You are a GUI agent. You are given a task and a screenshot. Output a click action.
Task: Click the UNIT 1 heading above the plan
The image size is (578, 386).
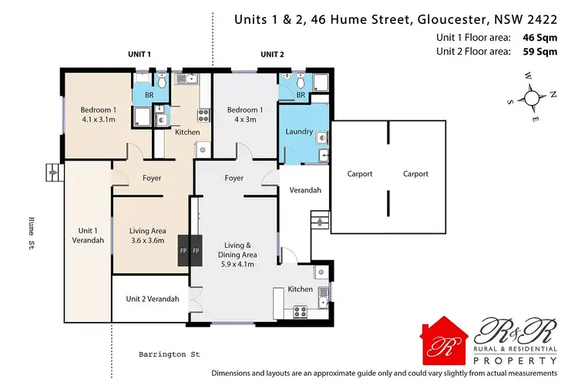click(x=139, y=55)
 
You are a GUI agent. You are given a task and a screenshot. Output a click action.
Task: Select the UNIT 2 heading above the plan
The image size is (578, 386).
click(x=272, y=55)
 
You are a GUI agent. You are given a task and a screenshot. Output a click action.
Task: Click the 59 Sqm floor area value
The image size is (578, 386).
click(x=541, y=52)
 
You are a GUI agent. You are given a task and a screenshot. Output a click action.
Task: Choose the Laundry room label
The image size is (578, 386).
click(x=299, y=131)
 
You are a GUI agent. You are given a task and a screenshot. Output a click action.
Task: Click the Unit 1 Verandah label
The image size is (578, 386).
click(x=89, y=235)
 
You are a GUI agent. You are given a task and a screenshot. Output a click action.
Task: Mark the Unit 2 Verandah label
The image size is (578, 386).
click(x=150, y=299)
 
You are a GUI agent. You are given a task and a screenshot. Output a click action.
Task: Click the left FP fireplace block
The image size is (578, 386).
click(x=183, y=251)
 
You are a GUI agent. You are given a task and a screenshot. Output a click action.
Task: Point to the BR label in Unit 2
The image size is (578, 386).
click(x=301, y=95)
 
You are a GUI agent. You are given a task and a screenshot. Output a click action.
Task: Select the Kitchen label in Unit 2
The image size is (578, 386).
click(x=300, y=289)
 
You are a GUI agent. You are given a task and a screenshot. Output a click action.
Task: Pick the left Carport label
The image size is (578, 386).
click(x=360, y=174)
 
